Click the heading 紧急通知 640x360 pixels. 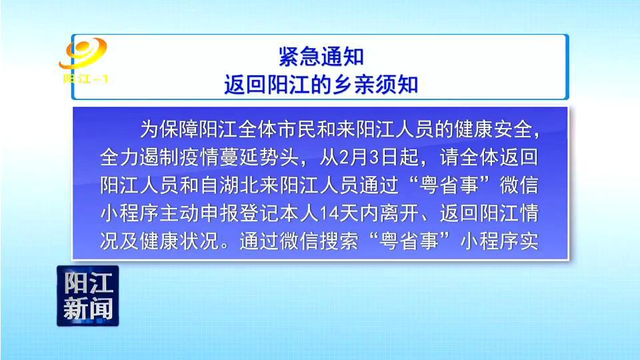coord(321,56)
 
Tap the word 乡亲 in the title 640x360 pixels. coord(353,85)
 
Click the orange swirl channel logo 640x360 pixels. coord(83,53)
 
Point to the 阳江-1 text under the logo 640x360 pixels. coord(85,79)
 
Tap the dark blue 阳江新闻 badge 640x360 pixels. coord(88,296)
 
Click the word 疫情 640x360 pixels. coord(199,157)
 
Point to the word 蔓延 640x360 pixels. coord(239,157)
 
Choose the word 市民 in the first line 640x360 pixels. coord(299,129)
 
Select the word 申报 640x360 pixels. coord(219,213)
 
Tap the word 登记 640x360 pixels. coord(259,213)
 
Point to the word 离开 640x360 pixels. coord(399,213)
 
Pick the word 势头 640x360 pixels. coord(279,157)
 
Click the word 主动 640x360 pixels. coord(179,213)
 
